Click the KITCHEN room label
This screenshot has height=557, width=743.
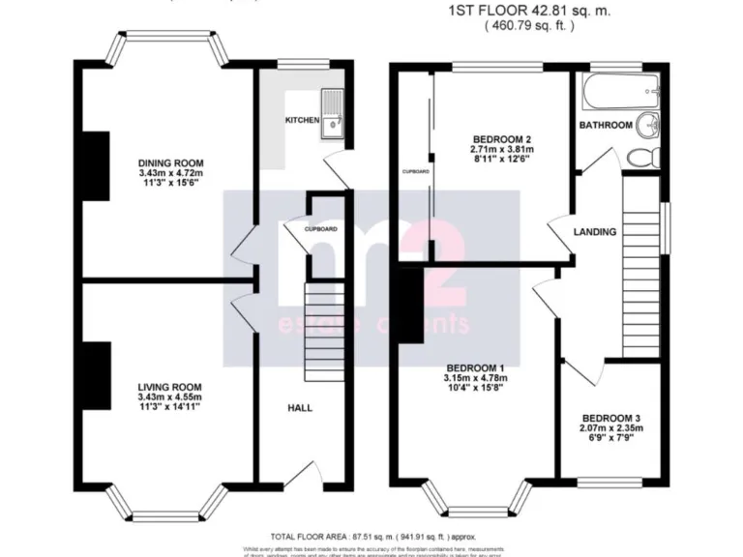pos(301,120)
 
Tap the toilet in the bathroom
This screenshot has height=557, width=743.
pos(642,155)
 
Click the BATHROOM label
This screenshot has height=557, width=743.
pos(606,126)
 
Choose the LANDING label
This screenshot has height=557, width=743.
pos(594,232)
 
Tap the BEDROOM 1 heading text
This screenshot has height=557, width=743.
pos(474,366)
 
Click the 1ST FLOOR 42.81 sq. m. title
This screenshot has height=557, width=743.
pos(530,11)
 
